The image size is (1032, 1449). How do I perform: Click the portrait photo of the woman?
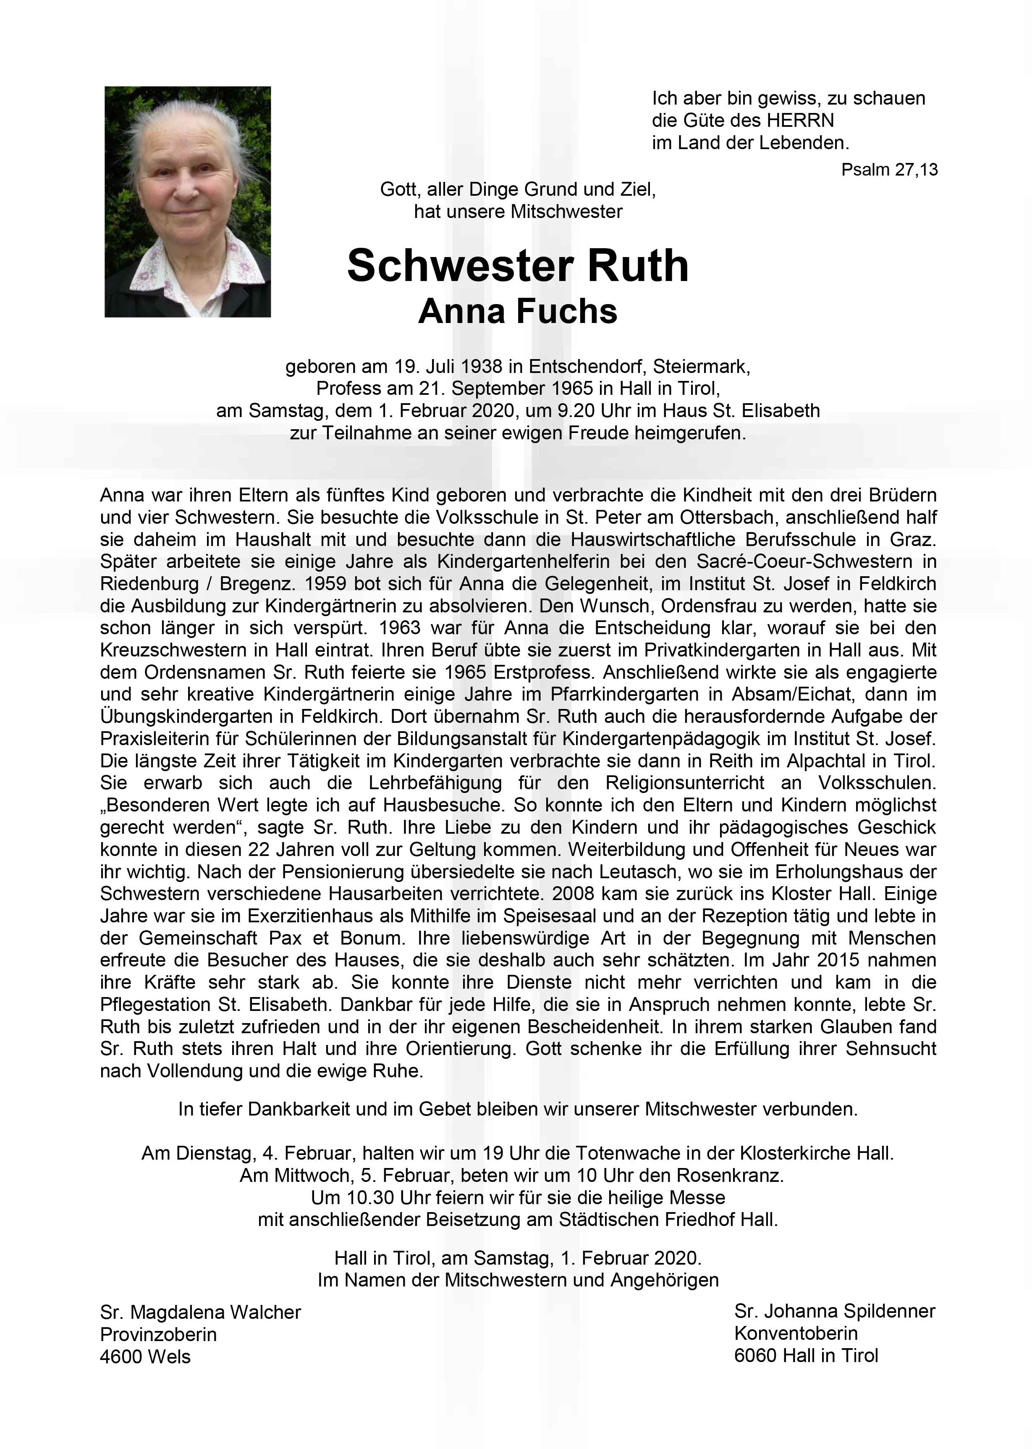(x=187, y=202)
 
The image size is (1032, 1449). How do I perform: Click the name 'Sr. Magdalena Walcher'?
(x=200, y=1312)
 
